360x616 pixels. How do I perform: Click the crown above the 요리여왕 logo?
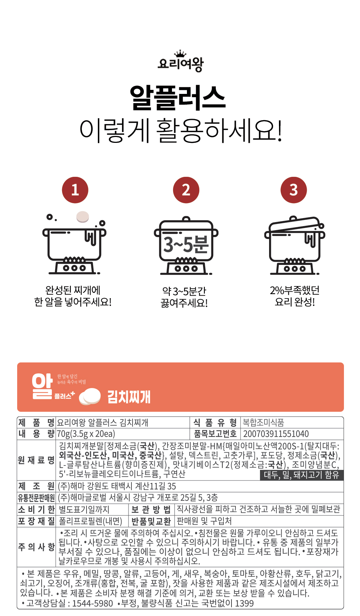pyautogui.click(x=180, y=54)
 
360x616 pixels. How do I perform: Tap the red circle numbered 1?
pyautogui.click(x=75, y=190)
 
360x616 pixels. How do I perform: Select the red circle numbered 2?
pyautogui.click(x=186, y=190)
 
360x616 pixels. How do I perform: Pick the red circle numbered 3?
pyautogui.click(x=294, y=190)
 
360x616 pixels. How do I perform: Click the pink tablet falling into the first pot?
pyautogui.click(x=83, y=217)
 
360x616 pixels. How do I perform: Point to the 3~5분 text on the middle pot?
pyautogui.click(x=186, y=244)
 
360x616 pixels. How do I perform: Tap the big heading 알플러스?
pyautogui.click(x=178, y=98)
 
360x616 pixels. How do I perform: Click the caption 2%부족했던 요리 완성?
pyautogui.click(x=295, y=296)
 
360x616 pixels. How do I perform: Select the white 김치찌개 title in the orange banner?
pyautogui.click(x=129, y=397)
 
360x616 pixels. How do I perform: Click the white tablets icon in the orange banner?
pyautogui.click(x=90, y=396)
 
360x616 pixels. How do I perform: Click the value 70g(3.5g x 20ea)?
pyautogui.click(x=86, y=434)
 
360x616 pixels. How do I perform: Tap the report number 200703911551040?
pyautogui.click(x=276, y=434)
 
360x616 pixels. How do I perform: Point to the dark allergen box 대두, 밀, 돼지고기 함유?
pyautogui.click(x=302, y=475)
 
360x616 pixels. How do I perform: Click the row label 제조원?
pyautogui.click(x=36, y=486)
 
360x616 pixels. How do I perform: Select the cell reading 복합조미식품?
pyautogui.click(x=263, y=422)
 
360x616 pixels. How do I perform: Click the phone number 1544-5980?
pyautogui.click(x=92, y=603)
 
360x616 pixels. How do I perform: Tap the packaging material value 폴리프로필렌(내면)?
pyautogui.click(x=91, y=521)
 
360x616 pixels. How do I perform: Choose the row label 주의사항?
pyautogui.click(x=36, y=547)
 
